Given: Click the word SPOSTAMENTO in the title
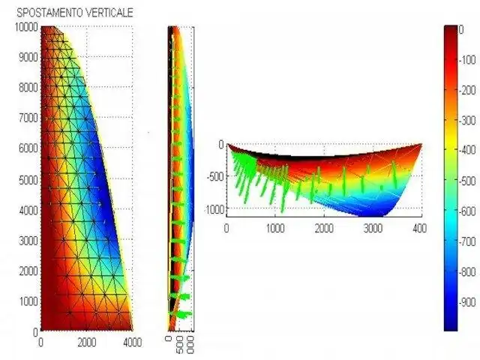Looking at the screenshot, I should [x=49, y=13].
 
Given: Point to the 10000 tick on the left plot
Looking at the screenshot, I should [x=25, y=26].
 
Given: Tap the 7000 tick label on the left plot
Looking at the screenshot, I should [x=27, y=118].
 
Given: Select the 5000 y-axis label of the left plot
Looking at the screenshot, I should [x=27, y=179].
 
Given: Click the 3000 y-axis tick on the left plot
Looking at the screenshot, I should [x=27, y=240].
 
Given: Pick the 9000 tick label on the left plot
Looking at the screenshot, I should [x=27, y=56].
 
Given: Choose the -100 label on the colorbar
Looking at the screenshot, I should [x=469, y=59].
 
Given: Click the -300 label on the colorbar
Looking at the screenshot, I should [x=469, y=120].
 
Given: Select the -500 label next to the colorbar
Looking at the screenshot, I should [x=469, y=181].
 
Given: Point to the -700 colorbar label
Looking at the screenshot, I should [x=469, y=241].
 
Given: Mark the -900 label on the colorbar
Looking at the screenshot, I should [x=469, y=302].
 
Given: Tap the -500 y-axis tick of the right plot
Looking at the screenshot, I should [x=215, y=177].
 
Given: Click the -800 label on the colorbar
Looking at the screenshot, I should [x=469, y=271].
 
